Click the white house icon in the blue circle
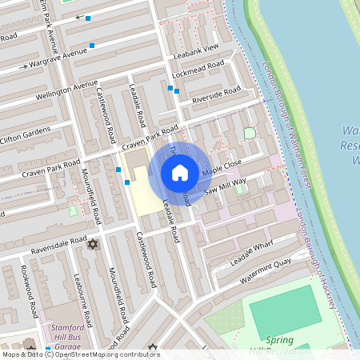pos(180,173)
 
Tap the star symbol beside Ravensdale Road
pos(92,244)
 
